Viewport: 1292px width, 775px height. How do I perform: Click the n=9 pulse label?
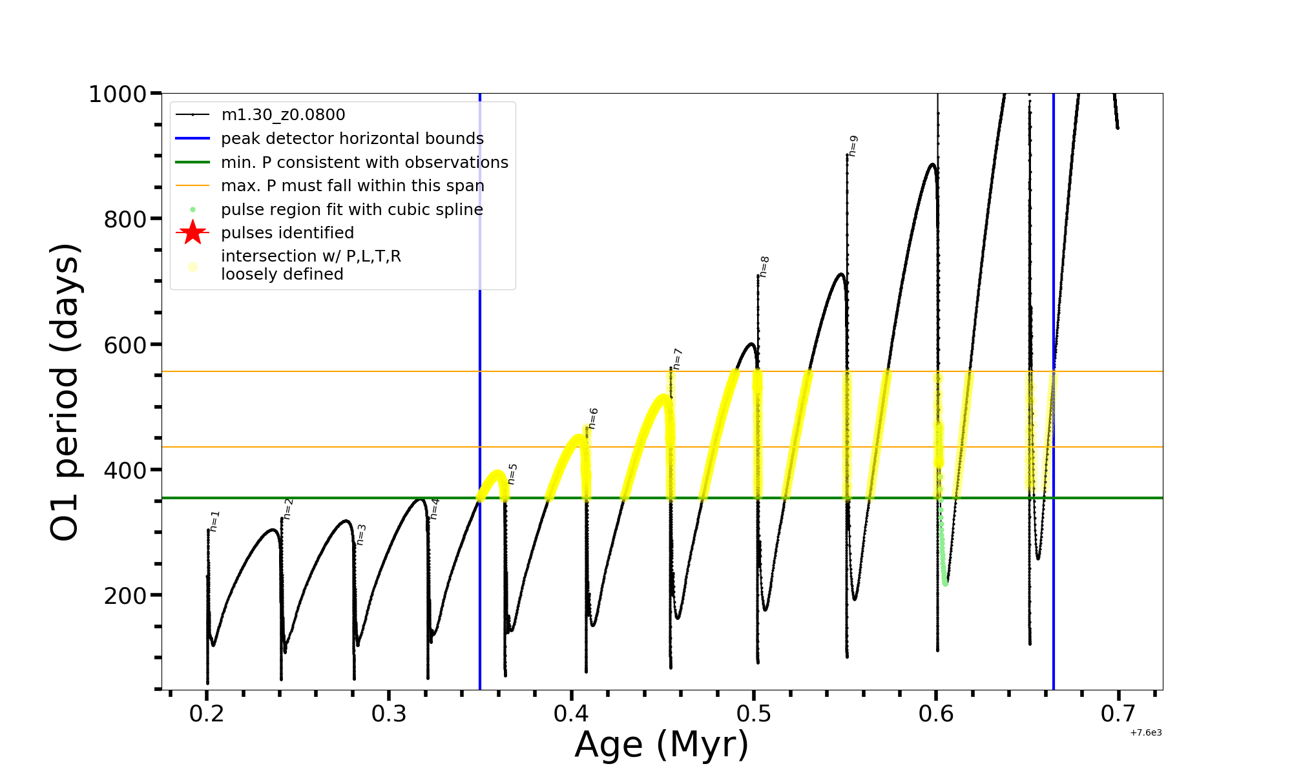pos(853,146)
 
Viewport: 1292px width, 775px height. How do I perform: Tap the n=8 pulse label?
pos(764,267)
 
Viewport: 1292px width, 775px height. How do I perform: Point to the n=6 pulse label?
pos(593,418)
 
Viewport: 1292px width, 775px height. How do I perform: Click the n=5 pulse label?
pos(512,474)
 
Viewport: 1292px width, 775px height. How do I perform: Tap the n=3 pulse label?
pos(361,535)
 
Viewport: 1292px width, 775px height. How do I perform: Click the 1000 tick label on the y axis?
pos(118,94)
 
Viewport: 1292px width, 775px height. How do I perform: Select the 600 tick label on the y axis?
pos(125,345)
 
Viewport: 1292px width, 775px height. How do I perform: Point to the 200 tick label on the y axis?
pos(125,595)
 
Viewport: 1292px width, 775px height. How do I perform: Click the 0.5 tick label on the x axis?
pos(754,714)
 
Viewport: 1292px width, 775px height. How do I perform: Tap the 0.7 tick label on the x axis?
pos(1118,714)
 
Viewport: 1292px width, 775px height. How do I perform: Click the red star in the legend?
pos(193,232)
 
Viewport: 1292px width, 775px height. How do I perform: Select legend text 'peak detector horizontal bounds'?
pos(352,139)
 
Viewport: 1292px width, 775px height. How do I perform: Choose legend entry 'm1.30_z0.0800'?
pos(283,115)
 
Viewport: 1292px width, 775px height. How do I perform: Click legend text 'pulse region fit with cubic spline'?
pos(352,210)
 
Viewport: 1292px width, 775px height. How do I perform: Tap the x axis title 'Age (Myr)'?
pos(662,745)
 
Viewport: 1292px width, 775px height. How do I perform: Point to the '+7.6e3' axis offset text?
pos(1145,733)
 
